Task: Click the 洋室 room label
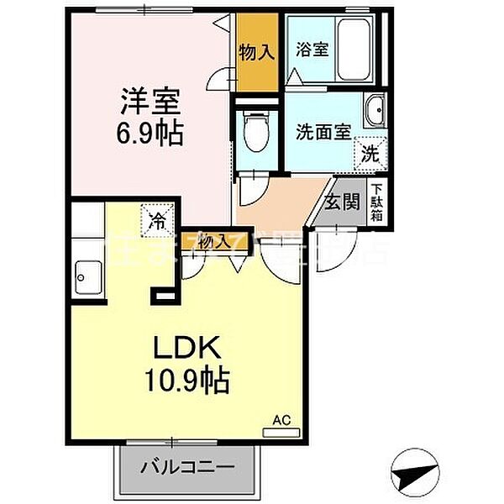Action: pyautogui.click(x=151, y=100)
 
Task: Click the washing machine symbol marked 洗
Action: pyautogui.click(x=370, y=152)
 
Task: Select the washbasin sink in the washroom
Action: pyautogui.click(x=375, y=108)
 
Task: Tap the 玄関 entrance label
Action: pyautogui.click(x=343, y=202)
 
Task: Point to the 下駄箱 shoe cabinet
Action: pyautogui.click(x=378, y=202)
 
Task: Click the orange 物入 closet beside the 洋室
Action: pyautogui.click(x=256, y=53)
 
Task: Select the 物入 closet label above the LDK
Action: pyautogui.click(x=214, y=241)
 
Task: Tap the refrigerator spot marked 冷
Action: pyautogui.click(x=156, y=221)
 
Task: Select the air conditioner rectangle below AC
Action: pyautogui.click(x=281, y=432)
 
